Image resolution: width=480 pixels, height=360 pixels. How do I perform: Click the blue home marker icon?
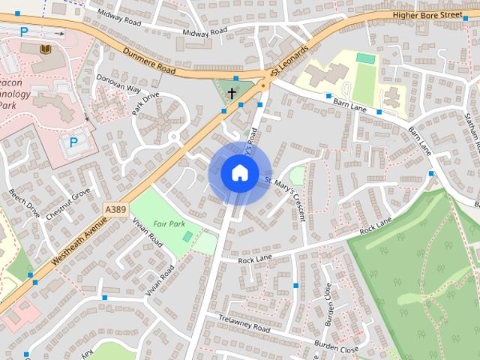coord(238,172)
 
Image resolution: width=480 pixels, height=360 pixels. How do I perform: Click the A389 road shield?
coord(115,209)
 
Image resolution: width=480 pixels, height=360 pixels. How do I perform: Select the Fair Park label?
coord(169,223)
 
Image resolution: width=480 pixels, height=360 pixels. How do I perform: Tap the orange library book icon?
coord(45,49)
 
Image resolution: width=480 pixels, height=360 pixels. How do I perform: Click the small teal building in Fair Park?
coord(187,236)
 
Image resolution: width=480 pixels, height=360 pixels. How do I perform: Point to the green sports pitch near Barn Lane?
coord(365,58)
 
